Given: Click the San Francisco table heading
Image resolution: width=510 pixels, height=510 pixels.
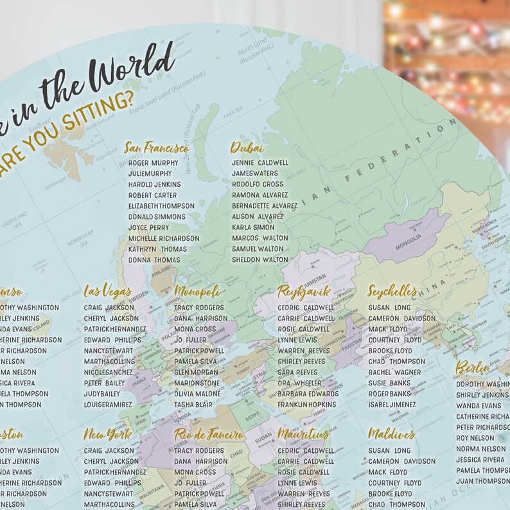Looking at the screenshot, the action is pos(157,148).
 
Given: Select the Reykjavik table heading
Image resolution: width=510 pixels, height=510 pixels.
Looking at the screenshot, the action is pos(304,292).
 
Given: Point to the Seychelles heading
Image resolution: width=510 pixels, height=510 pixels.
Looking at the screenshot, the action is pos(392,292).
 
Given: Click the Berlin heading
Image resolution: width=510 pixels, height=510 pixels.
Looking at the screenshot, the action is pos(473,368).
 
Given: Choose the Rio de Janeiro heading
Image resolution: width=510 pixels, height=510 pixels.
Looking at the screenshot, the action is pos(209,435).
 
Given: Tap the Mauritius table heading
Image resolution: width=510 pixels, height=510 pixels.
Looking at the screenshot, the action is pos(303,435).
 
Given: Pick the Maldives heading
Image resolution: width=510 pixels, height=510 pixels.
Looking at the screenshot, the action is pos(392,435).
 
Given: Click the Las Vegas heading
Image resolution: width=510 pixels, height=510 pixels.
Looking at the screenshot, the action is pos(108,292).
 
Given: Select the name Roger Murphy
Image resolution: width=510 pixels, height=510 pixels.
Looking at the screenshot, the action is pos(154,163).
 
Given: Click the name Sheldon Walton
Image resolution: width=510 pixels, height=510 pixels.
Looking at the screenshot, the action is pos(260,260).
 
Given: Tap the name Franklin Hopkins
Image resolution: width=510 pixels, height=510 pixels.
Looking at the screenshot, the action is pos(306,405).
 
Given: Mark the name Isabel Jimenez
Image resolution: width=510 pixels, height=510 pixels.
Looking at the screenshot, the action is pos(392,405).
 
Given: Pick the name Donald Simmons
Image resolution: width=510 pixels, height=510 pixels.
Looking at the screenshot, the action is pos(157,217).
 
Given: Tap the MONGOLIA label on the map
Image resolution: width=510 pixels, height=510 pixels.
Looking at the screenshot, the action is pos(409,237).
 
